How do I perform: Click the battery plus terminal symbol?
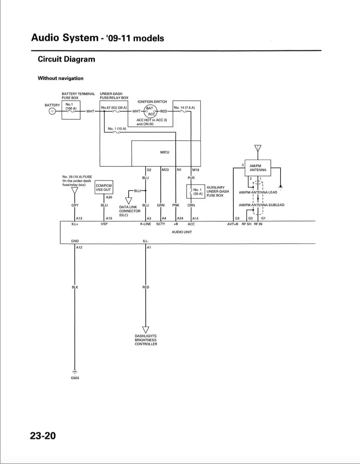pos(52,111)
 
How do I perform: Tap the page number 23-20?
pos(43,436)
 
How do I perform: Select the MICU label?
pos(165,152)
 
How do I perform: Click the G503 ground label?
pos(75,378)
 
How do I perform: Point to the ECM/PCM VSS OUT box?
pos(103,187)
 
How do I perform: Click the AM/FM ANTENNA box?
pos(258,168)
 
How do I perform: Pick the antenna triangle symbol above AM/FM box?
pos(258,148)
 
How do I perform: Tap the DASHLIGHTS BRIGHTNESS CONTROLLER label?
pos(146,340)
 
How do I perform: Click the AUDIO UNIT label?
pos(182,232)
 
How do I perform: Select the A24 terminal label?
pos(180,218)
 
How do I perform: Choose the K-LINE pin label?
pos(146,224)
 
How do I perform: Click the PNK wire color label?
pos(176,205)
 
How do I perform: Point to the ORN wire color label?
pos(191,205)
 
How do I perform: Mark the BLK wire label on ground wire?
pos(75,287)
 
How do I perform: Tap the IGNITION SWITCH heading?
pos(152,102)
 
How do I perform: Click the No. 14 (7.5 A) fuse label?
pos(184,107)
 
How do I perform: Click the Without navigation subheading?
pos(61,78)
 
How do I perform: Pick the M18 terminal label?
pos(195,170)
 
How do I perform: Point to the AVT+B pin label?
pos(233,224)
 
